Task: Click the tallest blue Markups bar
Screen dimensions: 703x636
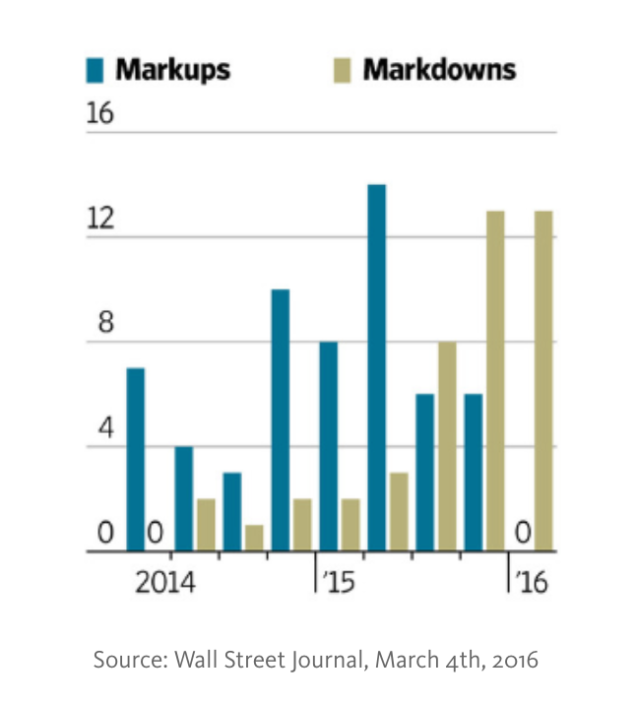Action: point(376,368)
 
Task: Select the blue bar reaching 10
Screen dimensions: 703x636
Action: point(281,420)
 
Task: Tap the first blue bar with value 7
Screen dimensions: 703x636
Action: point(136,460)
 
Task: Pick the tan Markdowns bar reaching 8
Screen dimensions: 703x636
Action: point(447,447)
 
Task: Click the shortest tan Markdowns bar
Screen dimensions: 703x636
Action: point(254,539)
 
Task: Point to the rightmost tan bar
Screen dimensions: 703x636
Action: point(543,381)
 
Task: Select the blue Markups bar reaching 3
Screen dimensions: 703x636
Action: point(232,512)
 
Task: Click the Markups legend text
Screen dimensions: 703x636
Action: point(173,70)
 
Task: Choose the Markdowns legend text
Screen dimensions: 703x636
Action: point(439,70)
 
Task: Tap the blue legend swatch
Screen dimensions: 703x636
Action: point(96,71)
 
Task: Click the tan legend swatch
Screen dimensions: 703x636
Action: point(343,71)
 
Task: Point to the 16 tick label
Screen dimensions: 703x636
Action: point(99,114)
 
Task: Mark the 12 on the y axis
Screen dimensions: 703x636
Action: point(99,220)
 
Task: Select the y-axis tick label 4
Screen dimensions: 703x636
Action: point(103,430)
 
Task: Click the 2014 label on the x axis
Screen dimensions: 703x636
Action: point(163,582)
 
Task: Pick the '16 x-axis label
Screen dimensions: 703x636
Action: point(528,582)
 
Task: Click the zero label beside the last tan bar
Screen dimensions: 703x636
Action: point(522,534)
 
